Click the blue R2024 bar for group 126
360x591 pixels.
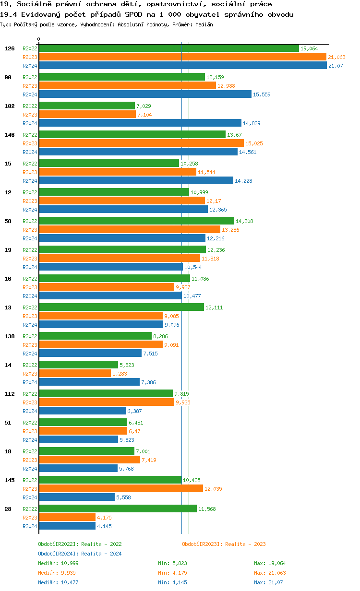[x=182, y=66]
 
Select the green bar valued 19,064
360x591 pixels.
[x=168, y=48]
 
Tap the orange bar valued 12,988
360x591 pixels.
[x=127, y=86]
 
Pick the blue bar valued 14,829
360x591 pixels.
[x=140, y=123]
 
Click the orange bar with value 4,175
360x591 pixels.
[x=67, y=518]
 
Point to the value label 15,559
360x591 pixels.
[x=262, y=95]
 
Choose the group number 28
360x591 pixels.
[x=8, y=509]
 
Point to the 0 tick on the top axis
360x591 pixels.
[x=39, y=39]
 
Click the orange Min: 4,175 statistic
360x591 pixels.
[x=173, y=573]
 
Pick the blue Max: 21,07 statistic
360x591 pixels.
[x=268, y=582]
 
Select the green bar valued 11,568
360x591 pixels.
[x=118, y=509]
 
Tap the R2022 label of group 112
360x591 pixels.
[x=30, y=394]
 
